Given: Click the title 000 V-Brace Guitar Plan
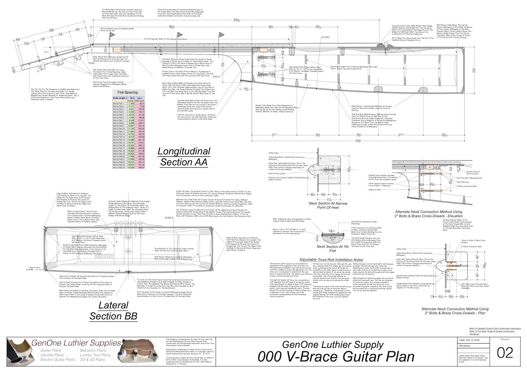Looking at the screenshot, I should pos(336,356).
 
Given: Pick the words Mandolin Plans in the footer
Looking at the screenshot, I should pos(93,350).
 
